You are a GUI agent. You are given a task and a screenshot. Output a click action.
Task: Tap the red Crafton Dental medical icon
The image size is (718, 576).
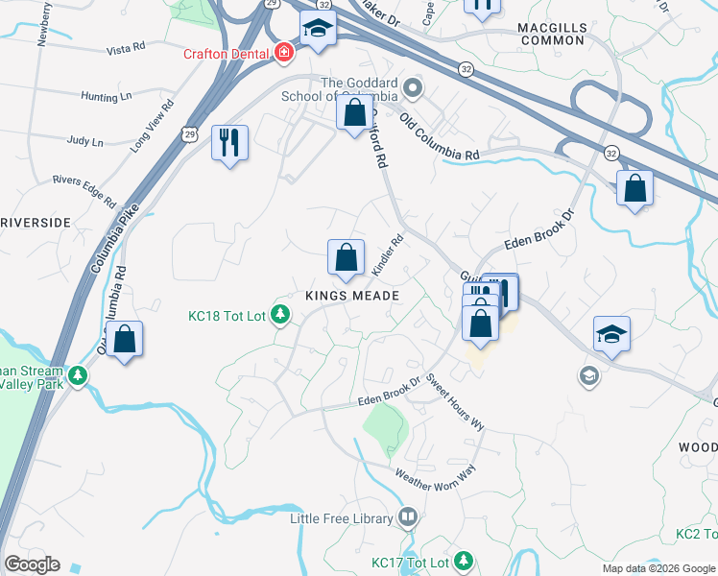tap(282, 53)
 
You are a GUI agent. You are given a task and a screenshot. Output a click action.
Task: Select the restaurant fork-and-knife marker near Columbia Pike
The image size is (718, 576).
tap(229, 143)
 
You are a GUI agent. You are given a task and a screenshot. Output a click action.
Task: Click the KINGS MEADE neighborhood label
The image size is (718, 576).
tap(351, 296)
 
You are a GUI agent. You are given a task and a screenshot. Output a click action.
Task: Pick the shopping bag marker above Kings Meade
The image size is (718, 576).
tap(347, 257)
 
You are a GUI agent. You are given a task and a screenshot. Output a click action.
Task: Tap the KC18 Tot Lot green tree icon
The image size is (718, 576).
tap(279, 314)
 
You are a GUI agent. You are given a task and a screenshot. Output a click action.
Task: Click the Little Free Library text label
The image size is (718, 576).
tap(342, 518)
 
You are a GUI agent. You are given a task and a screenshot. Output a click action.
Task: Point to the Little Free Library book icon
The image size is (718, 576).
tap(408, 518)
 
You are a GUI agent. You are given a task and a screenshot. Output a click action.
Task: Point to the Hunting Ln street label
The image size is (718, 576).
tap(107, 96)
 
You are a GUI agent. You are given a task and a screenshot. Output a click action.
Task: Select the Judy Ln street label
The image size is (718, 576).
tap(85, 141)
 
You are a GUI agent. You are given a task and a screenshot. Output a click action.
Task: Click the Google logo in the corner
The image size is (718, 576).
tap(32, 564)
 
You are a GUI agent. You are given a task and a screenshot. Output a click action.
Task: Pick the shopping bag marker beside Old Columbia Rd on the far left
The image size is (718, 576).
tap(124, 339)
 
